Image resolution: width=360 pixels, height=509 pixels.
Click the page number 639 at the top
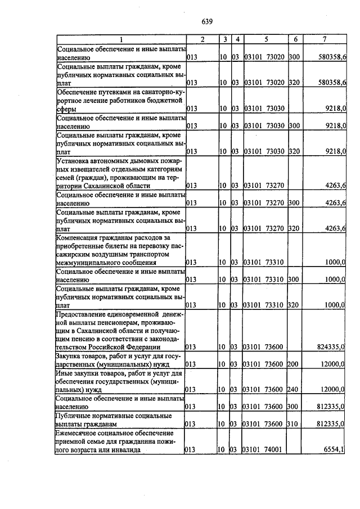[206, 22]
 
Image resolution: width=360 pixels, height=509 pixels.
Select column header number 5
[266, 39]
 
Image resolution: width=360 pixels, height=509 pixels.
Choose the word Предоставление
[84, 313]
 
